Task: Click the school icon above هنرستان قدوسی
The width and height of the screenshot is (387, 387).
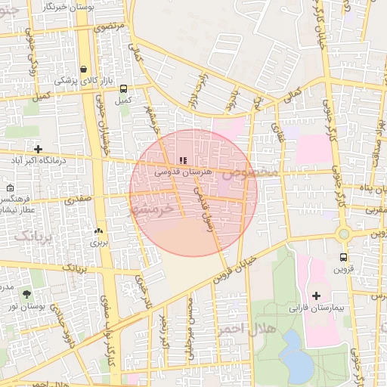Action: pos(183,161)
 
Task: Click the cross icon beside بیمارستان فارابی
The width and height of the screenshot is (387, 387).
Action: pos(316,296)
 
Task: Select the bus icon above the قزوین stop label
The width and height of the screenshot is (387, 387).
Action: pos(344,257)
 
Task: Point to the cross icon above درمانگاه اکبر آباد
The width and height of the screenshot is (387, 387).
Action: pos(38,149)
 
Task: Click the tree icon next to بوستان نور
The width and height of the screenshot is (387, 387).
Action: pos(28,293)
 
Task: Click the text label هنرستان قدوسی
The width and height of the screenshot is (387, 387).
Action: pos(183,172)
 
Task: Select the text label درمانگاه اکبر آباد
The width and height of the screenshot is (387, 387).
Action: pos(39,161)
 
